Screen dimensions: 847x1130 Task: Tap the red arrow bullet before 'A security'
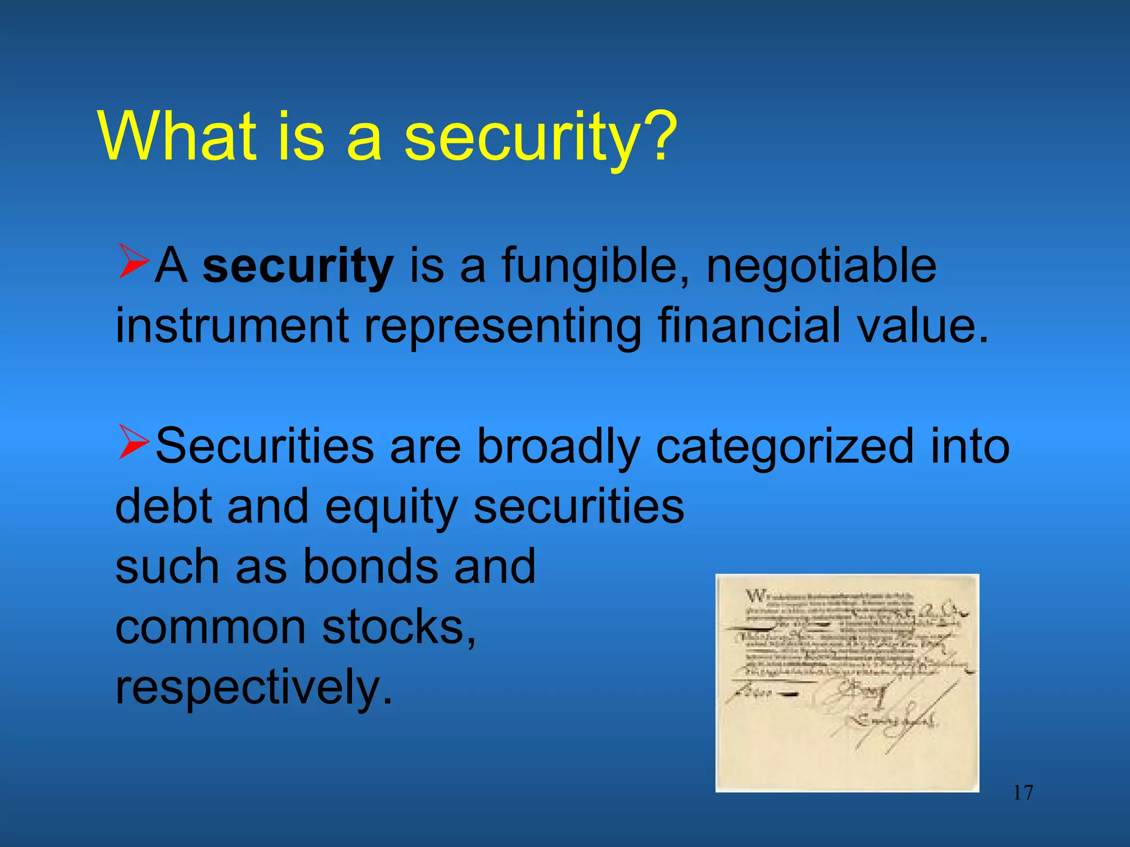(x=133, y=262)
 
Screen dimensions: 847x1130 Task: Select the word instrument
(x=232, y=326)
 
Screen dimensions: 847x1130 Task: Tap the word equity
(x=391, y=507)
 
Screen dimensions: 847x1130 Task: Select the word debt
(x=166, y=507)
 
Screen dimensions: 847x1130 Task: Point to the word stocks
(x=397, y=628)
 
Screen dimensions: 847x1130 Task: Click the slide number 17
(x=1023, y=793)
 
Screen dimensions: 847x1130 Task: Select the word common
(x=210, y=628)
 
